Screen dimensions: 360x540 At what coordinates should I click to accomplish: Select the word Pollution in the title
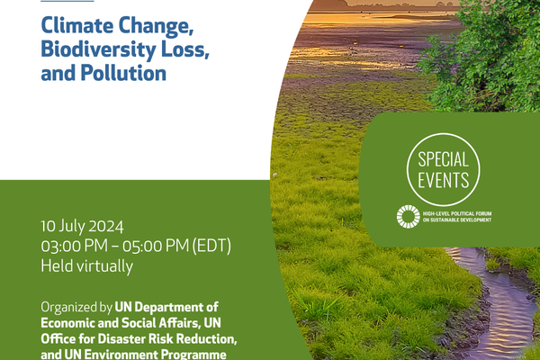click(x=120, y=73)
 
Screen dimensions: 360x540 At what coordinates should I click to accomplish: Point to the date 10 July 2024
click(x=82, y=226)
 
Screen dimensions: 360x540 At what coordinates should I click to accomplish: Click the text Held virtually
click(x=86, y=265)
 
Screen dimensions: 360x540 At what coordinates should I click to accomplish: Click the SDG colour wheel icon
click(x=408, y=216)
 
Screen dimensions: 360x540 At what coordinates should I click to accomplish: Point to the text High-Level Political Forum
click(x=458, y=211)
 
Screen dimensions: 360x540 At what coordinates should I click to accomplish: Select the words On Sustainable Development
click(x=459, y=220)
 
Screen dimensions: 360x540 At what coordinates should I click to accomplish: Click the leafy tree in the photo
click(x=486, y=54)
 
